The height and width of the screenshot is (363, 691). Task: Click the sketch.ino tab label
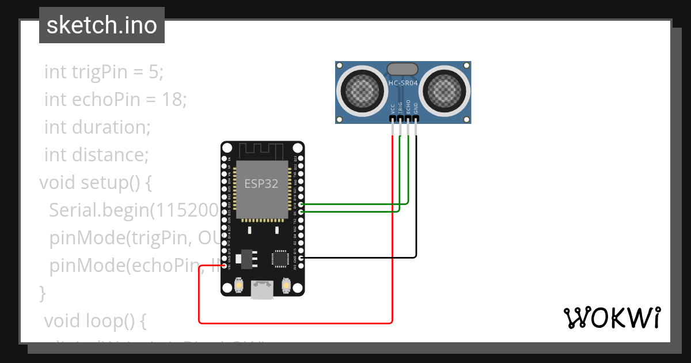click(x=102, y=25)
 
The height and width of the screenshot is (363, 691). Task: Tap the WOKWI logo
click(x=611, y=317)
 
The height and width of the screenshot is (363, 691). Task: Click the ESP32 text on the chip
click(x=261, y=184)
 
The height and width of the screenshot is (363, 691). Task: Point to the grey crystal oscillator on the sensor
click(x=403, y=69)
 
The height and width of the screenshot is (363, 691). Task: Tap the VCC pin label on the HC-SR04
click(x=393, y=108)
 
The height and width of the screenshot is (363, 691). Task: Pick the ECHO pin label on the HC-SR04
click(x=408, y=107)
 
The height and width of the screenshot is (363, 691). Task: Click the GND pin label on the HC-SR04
click(x=416, y=108)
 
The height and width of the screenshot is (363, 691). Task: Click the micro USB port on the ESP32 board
click(x=263, y=290)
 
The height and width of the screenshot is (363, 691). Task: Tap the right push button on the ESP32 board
click(x=286, y=285)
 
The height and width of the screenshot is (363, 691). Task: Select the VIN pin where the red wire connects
click(x=224, y=266)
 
